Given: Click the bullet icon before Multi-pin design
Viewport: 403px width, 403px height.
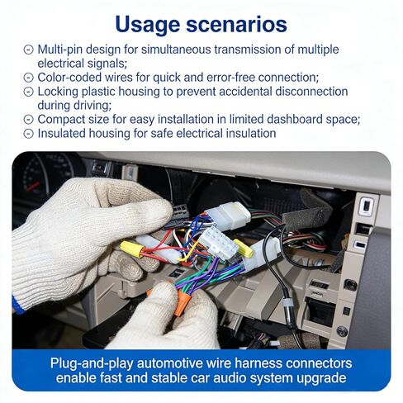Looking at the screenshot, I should click(x=29, y=50).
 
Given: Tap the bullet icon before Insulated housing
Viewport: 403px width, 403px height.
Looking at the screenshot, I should click(x=29, y=134).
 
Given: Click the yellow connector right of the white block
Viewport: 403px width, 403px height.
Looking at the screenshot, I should click(x=243, y=247).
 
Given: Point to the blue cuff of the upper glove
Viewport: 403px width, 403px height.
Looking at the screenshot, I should click(x=17, y=305).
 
